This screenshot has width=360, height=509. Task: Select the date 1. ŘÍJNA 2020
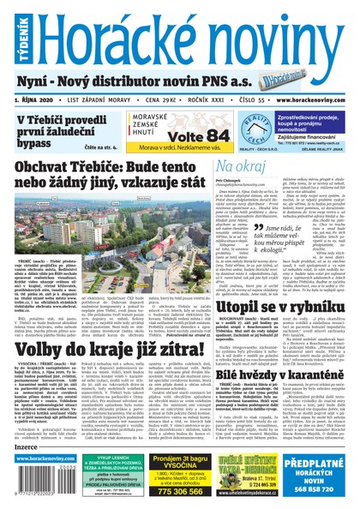click(x=40, y=99)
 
